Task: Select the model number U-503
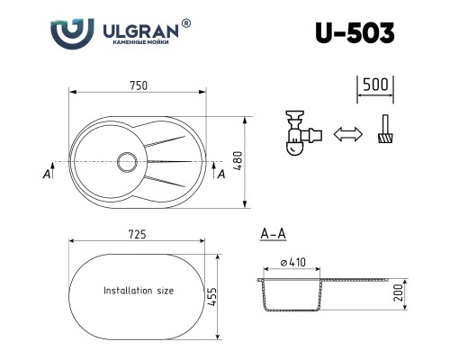coord(354,32)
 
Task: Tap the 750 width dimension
coord(138,84)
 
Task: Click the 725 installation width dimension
coord(138,234)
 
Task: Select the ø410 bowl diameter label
coord(292,262)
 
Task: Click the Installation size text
coord(139,292)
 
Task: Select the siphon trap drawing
coord(301,133)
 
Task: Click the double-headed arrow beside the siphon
coord(346,135)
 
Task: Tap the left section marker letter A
coord(45,175)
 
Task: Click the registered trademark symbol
coord(186,22)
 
